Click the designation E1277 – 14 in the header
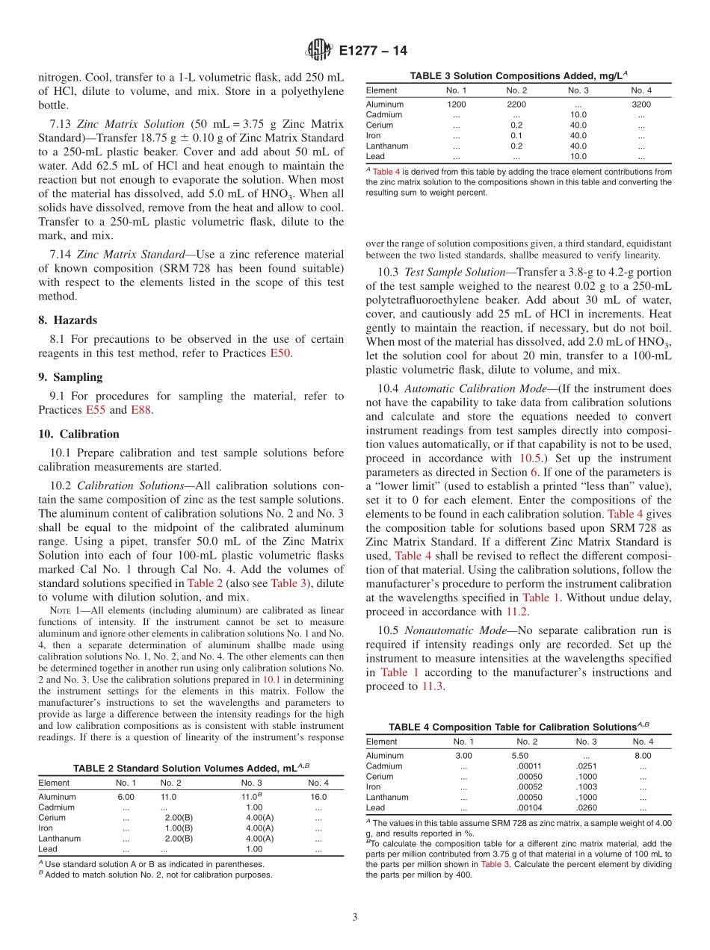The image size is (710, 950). pos(373,51)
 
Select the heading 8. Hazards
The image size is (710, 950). pos(67,320)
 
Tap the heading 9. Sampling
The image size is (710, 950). pos(70,376)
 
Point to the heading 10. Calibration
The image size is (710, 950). pos(78,433)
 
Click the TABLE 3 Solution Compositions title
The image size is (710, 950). pos(518,75)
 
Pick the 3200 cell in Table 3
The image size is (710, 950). pos(641,105)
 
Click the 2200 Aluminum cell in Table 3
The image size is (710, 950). pos(516,105)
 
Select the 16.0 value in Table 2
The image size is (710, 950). pos(318,797)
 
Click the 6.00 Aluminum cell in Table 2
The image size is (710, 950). pos(126,797)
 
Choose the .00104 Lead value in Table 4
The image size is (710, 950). pos(529,807)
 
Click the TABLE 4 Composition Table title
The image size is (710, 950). pos(518,727)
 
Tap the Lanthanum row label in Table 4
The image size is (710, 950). pos(386,797)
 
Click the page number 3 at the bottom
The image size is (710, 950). pos(355,916)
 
